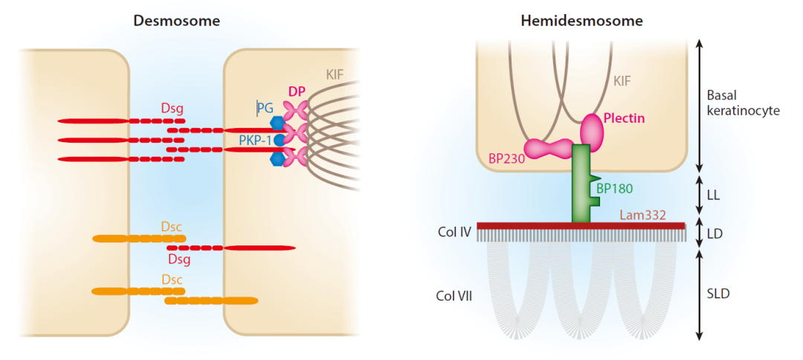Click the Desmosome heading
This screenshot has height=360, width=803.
click(x=176, y=21)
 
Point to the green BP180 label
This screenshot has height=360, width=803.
click(x=615, y=188)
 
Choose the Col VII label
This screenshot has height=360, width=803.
click(x=454, y=296)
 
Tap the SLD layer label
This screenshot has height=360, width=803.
click(x=718, y=294)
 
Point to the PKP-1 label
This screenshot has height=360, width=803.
click(x=255, y=140)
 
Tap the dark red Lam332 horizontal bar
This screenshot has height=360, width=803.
click(x=581, y=225)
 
